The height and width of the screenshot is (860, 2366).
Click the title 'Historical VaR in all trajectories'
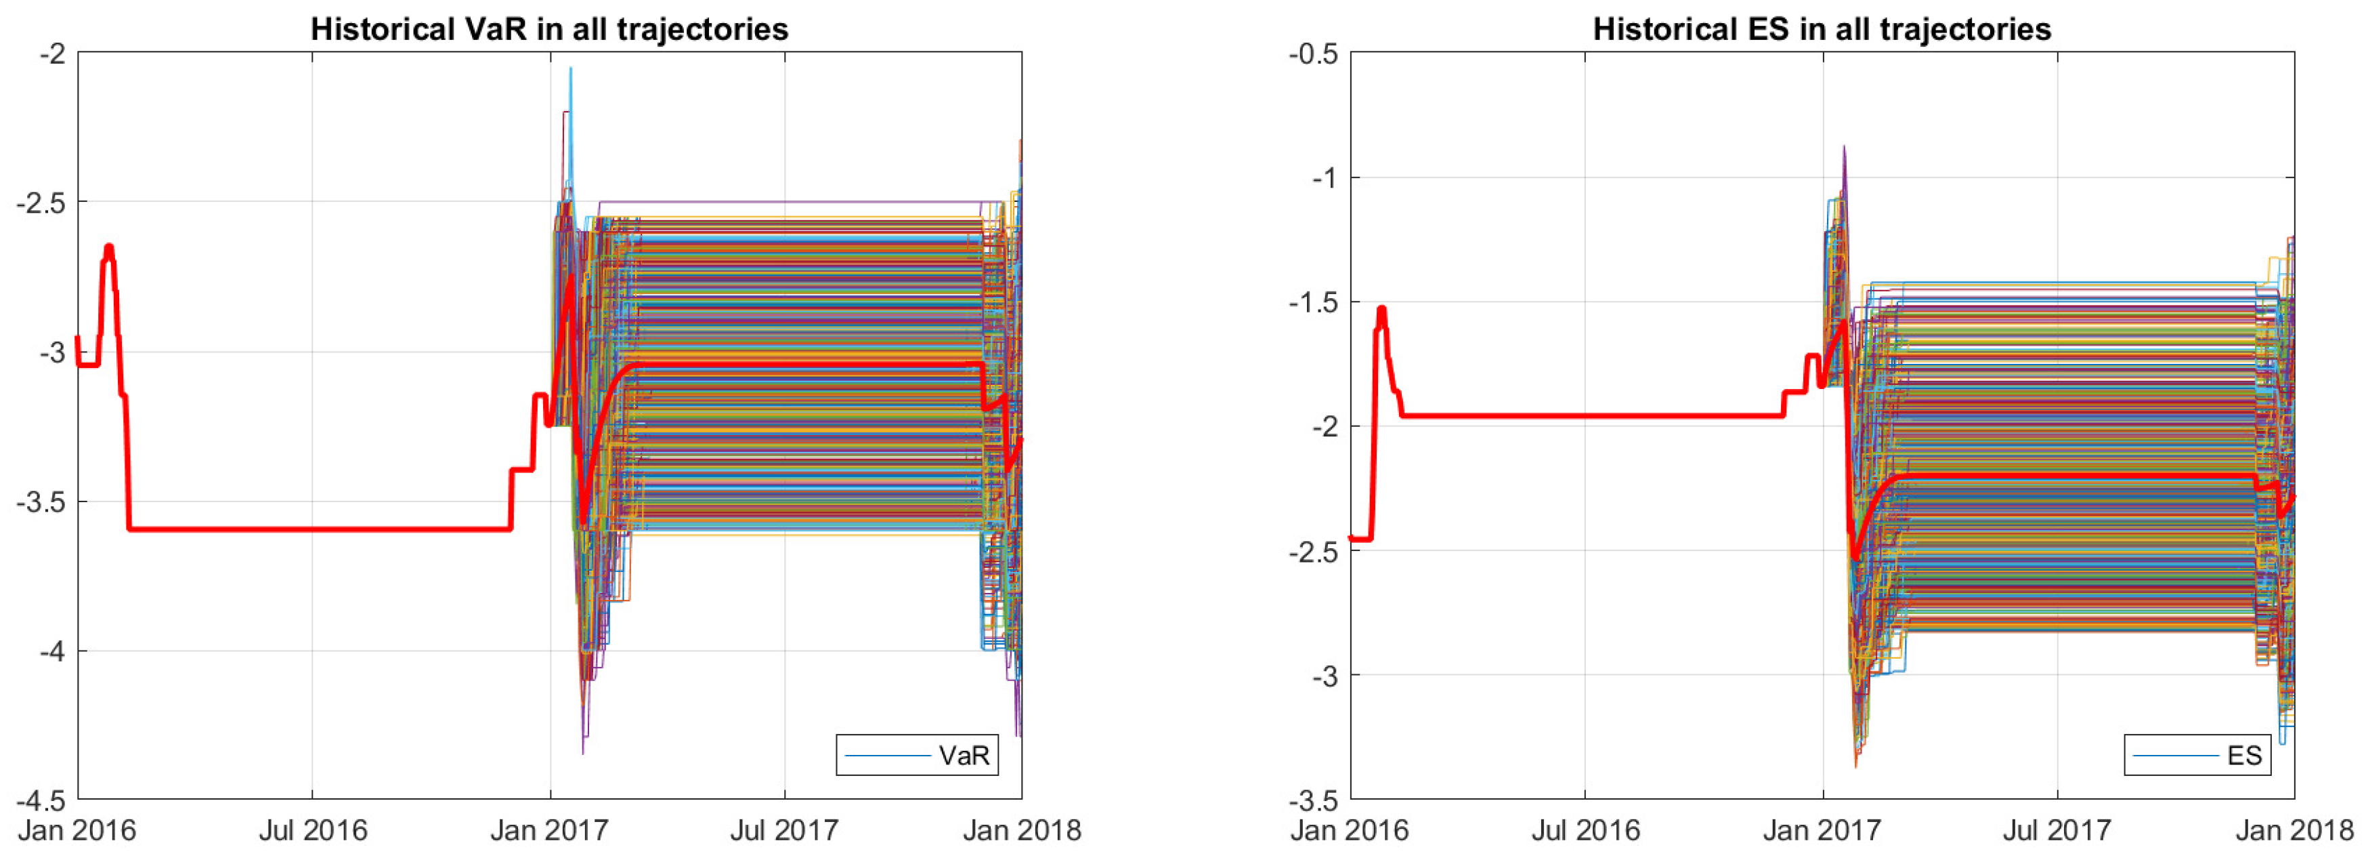click(x=549, y=29)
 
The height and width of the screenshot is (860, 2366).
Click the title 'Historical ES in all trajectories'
click(x=1822, y=29)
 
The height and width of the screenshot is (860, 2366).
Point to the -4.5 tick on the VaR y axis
click(x=41, y=800)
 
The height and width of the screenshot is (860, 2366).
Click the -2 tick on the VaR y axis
click(x=52, y=54)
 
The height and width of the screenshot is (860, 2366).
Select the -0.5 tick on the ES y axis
click(x=1314, y=54)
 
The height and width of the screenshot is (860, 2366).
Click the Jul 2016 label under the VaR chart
click(x=312, y=831)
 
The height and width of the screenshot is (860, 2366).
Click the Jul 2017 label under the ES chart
click(x=2057, y=831)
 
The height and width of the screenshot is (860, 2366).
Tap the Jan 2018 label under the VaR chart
click(x=1021, y=831)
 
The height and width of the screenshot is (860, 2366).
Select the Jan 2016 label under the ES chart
click(x=1350, y=831)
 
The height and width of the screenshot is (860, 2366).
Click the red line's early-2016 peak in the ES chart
click(x=1381, y=310)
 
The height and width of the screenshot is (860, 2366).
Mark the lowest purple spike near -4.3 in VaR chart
click(x=583, y=752)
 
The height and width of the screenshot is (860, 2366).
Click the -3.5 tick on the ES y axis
click(x=1314, y=800)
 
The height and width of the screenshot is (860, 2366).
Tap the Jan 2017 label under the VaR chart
click(x=549, y=831)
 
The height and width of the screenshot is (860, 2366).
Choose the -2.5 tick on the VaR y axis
click(x=41, y=202)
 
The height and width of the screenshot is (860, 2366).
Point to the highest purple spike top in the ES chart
click(x=1843, y=147)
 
